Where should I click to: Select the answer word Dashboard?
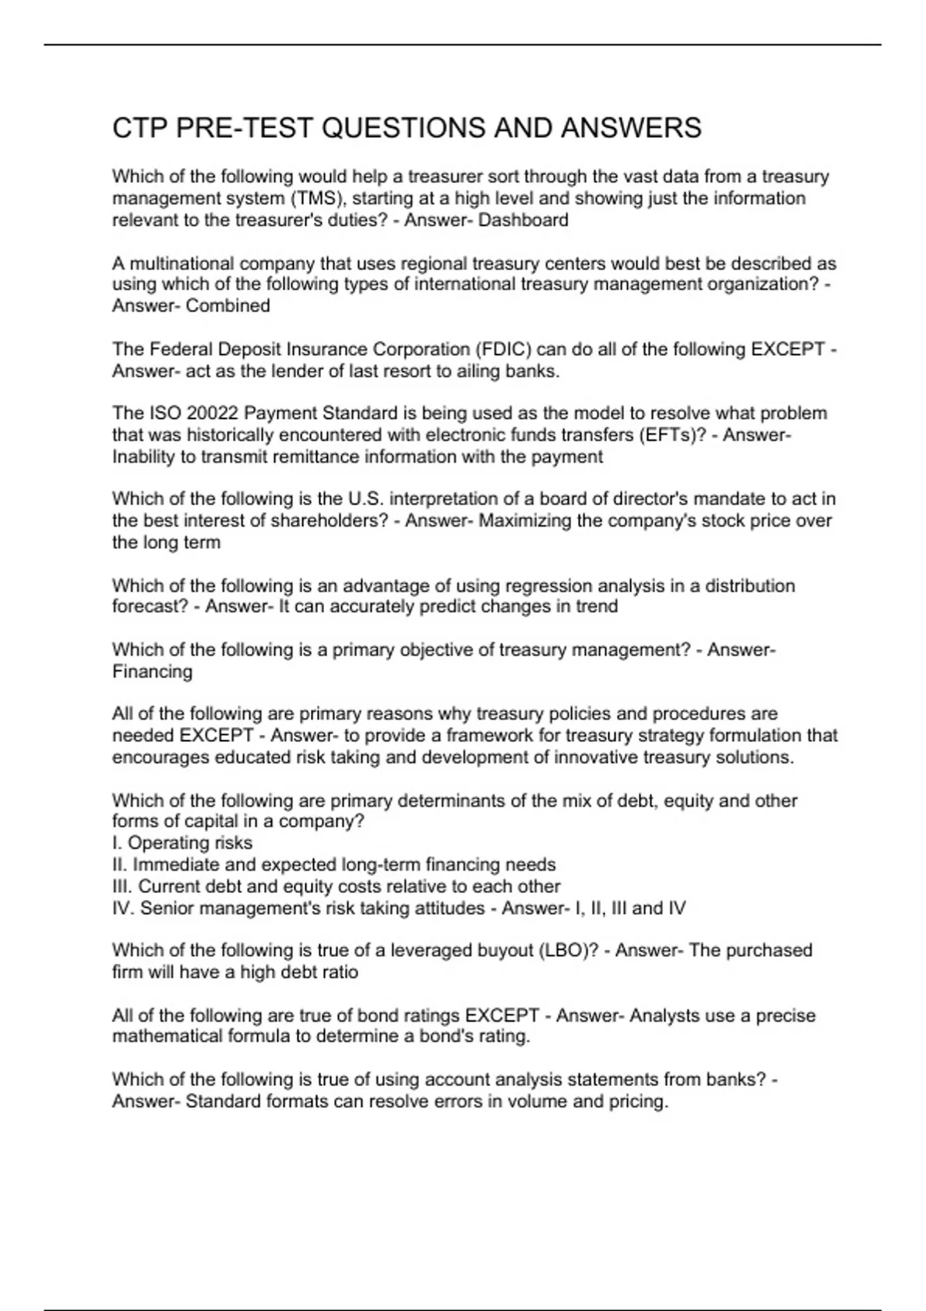tap(523, 221)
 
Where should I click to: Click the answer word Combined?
tap(228, 306)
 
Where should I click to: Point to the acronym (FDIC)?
tap(502, 349)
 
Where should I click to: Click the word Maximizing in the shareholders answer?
tap(526, 521)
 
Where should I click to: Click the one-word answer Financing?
tap(152, 672)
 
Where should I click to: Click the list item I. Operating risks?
tap(182, 843)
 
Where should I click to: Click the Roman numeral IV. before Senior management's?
tap(123, 908)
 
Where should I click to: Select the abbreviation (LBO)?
tap(568, 950)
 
